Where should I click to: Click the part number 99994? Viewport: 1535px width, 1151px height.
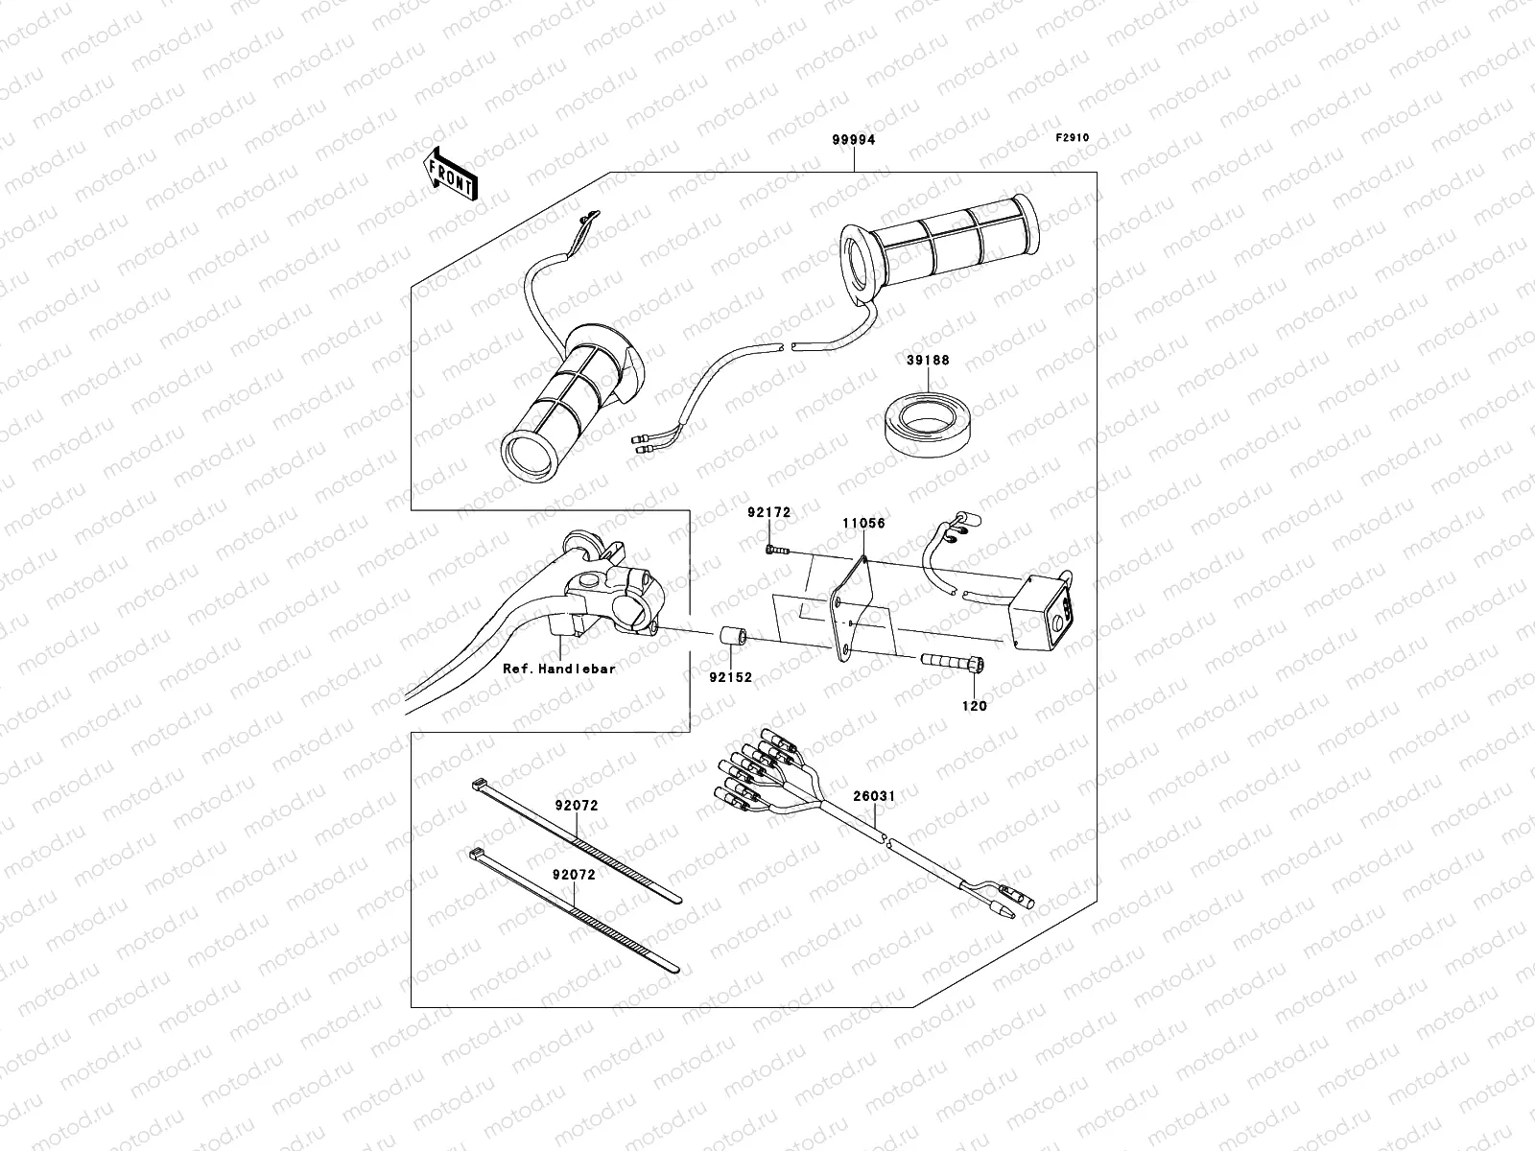853,140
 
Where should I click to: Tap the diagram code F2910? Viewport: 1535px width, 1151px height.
1073,138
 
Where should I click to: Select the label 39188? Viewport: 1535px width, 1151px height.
928,361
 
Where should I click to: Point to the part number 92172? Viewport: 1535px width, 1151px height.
769,513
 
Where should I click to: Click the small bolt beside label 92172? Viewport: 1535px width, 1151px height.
776,550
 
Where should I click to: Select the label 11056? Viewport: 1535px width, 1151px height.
863,524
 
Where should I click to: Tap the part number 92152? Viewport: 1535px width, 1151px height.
731,677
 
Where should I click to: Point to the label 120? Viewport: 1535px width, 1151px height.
975,706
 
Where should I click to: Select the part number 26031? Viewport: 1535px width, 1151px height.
874,794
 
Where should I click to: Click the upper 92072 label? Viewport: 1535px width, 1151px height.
576,806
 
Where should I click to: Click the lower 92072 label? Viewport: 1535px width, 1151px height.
574,875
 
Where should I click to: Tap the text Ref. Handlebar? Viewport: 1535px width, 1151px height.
559,669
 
